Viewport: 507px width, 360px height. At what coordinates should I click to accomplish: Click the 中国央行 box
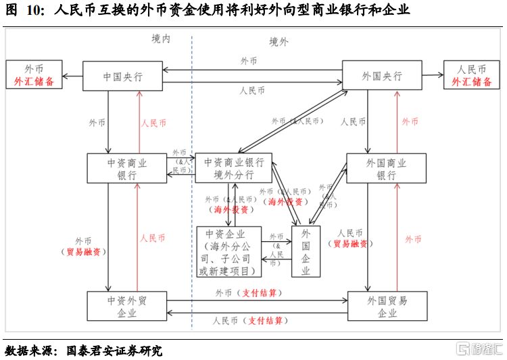(122, 77)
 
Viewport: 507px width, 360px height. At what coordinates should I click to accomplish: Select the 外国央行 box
(382, 76)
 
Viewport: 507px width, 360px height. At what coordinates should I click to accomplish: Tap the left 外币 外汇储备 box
(34, 75)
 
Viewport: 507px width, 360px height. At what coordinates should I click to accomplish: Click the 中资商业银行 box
(126, 168)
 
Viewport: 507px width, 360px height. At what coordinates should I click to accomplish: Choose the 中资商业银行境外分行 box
(233, 168)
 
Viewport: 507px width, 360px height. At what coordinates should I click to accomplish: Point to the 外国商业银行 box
(386, 168)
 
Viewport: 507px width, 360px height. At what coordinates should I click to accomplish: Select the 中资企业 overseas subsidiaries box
(228, 252)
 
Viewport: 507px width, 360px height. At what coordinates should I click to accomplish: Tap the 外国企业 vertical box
(306, 252)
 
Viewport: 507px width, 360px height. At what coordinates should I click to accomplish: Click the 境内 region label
(161, 39)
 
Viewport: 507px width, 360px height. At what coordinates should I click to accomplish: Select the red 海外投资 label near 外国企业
(285, 201)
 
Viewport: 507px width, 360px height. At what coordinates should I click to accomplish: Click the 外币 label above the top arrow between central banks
(249, 61)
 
